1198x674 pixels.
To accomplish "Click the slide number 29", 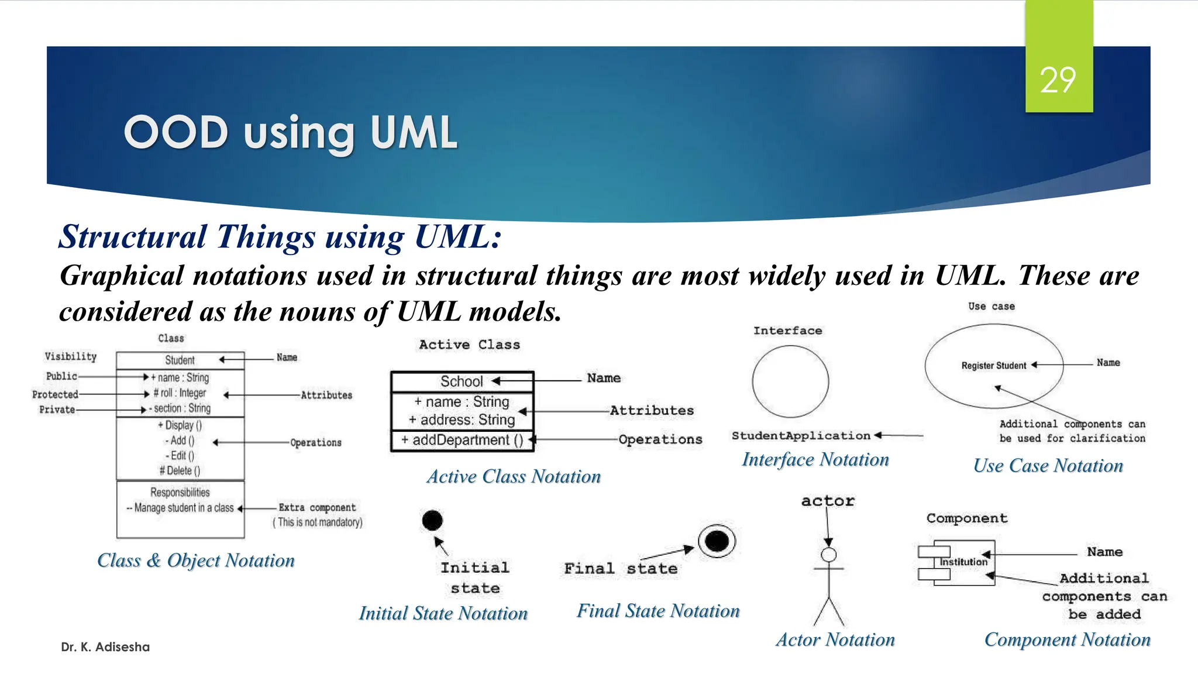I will pyautogui.click(x=1058, y=80).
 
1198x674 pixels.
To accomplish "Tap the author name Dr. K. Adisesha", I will pyautogui.click(x=105, y=647).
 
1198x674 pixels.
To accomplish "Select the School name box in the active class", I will pyautogui.click(x=462, y=381).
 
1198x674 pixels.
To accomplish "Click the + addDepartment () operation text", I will pyautogui.click(x=462, y=440).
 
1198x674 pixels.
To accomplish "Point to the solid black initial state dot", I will pyautogui.click(x=432, y=520).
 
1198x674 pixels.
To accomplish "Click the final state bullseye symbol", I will pyautogui.click(x=717, y=541).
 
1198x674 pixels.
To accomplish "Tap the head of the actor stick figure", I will pyautogui.click(x=828, y=555).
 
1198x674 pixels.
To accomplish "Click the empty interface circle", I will pyautogui.click(x=790, y=381).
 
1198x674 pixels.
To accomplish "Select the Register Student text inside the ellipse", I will pyautogui.click(x=993, y=366).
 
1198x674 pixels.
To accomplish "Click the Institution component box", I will pyautogui.click(x=963, y=562).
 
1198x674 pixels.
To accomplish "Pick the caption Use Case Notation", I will pyautogui.click(x=1048, y=466).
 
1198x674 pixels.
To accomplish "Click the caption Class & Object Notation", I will pyautogui.click(x=195, y=560).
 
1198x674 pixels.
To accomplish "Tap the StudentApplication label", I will pyautogui.click(x=801, y=436).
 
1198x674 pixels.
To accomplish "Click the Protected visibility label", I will pyautogui.click(x=55, y=394).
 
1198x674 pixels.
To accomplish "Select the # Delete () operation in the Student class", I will pyautogui.click(x=180, y=470).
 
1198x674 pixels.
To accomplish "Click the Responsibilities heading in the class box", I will pyautogui.click(x=180, y=492).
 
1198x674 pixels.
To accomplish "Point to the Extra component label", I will pyautogui.click(x=316, y=507).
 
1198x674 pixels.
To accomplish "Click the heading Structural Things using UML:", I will pyautogui.click(x=280, y=237).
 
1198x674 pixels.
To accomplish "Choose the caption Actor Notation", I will pyautogui.click(x=835, y=639).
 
